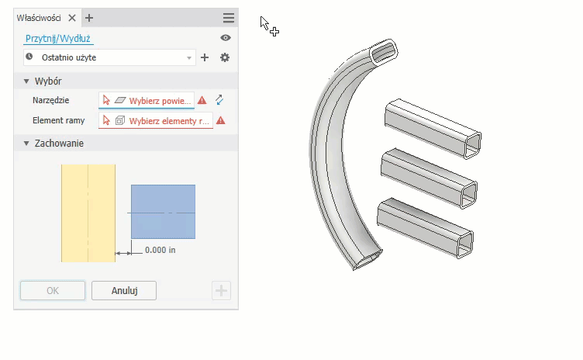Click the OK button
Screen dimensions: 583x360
pyautogui.click(x=53, y=290)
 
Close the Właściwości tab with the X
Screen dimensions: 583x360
pyautogui.click(x=72, y=18)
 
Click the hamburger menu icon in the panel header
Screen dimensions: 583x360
pyautogui.click(x=229, y=18)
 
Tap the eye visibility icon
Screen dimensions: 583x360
pyautogui.click(x=226, y=37)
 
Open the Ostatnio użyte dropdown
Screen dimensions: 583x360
pyautogui.click(x=109, y=57)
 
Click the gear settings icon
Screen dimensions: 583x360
pyautogui.click(x=225, y=57)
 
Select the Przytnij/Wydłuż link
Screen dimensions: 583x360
pyautogui.click(x=58, y=38)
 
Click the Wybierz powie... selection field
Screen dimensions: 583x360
pyautogui.click(x=146, y=101)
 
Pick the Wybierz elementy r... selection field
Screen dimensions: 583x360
pyautogui.click(x=155, y=120)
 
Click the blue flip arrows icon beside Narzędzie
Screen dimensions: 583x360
pyautogui.click(x=219, y=100)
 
